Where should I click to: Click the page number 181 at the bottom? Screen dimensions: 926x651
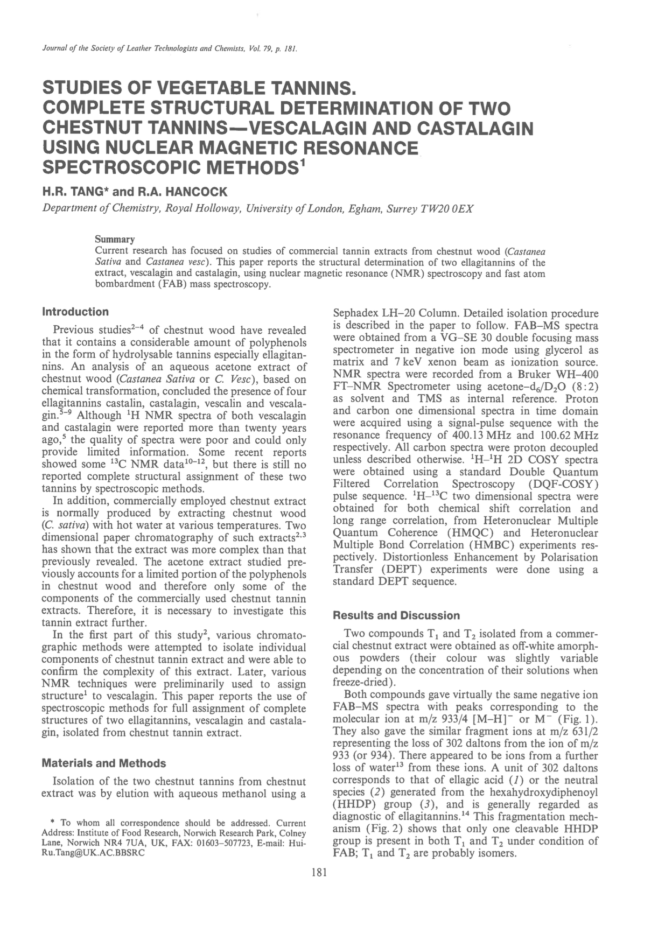[x=319, y=873]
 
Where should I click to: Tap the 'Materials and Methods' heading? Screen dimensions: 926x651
[x=103, y=763]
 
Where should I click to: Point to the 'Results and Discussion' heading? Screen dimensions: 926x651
[x=397, y=615]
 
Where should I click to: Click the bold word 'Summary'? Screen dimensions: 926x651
[x=115, y=238]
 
